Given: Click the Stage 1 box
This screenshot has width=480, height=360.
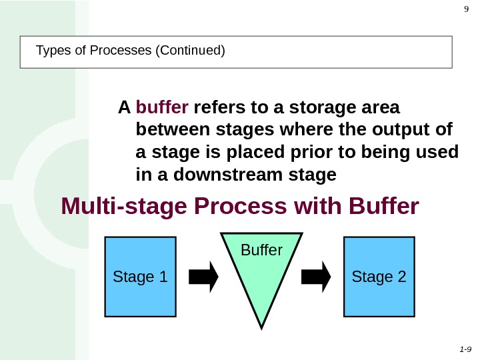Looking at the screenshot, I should click(x=140, y=276).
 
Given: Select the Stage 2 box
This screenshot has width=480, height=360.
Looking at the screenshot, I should click(x=379, y=276).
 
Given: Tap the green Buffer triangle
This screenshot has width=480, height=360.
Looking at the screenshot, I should click(x=261, y=273).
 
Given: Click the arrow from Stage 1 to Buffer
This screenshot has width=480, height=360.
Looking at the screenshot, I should click(x=204, y=276).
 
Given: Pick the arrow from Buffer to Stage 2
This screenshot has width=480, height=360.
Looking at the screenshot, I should click(x=317, y=276).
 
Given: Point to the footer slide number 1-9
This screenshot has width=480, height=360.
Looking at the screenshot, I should click(x=465, y=349).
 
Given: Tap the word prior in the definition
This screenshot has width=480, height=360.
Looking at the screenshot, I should click(x=283, y=153).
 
